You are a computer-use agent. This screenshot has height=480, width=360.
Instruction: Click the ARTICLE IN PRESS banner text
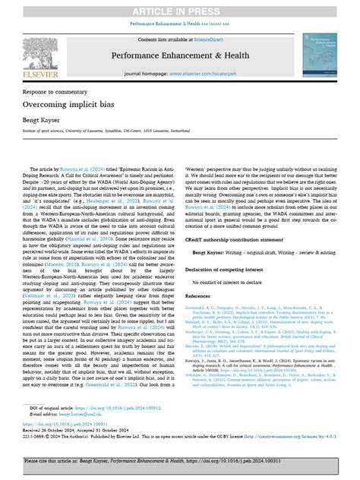(180, 10)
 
